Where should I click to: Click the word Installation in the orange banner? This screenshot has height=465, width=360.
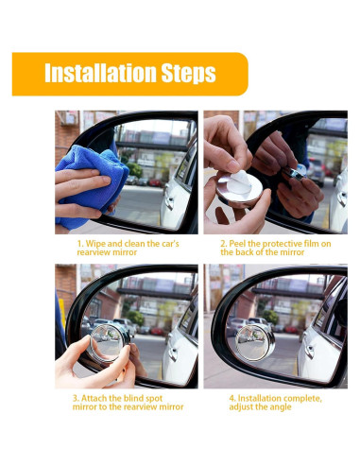(101, 73)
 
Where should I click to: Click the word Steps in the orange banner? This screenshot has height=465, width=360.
(188, 74)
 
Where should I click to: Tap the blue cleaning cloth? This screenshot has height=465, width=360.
(92, 186)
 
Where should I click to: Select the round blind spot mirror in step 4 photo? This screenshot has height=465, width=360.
(255, 343)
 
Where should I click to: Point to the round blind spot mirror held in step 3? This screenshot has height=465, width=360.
(110, 343)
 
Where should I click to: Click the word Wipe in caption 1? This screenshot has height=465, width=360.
(95, 244)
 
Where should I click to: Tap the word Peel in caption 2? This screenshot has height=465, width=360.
(237, 244)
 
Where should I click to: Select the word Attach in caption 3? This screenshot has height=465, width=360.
(94, 398)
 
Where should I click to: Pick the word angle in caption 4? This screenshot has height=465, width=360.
(281, 407)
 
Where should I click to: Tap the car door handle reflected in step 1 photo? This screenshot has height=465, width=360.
(170, 202)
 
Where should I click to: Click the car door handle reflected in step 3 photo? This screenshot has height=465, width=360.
(173, 353)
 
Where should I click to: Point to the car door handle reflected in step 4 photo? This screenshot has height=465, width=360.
(309, 352)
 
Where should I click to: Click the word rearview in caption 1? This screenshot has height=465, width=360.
(91, 252)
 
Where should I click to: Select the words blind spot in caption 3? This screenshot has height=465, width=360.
(143, 399)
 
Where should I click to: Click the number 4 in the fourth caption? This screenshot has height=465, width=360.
(231, 399)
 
